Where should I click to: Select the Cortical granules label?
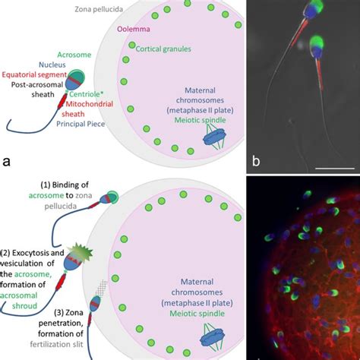point(163,49)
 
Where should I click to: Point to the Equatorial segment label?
point(33,74)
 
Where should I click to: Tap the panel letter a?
point(7,160)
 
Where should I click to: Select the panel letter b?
point(256,160)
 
